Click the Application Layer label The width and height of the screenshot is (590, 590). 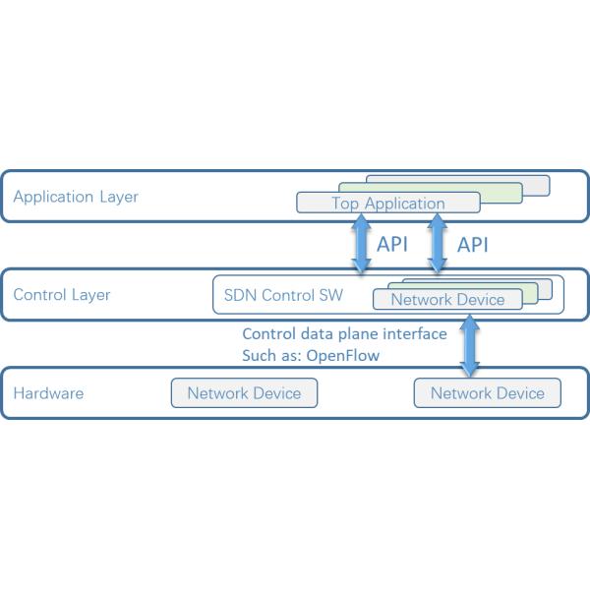(x=76, y=197)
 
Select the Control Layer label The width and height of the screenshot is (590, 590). (x=62, y=295)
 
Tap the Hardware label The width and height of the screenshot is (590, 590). (x=48, y=393)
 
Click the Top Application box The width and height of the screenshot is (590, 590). (x=387, y=204)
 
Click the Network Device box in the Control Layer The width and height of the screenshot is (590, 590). (x=447, y=300)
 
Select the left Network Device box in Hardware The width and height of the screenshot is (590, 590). (x=244, y=393)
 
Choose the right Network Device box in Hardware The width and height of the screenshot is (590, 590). (x=488, y=393)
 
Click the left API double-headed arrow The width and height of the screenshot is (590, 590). (x=362, y=245)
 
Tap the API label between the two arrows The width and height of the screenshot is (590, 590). (x=392, y=244)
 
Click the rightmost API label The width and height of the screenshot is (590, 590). (x=473, y=244)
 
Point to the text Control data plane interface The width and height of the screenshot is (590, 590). (x=344, y=334)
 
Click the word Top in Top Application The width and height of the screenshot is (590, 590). (x=345, y=204)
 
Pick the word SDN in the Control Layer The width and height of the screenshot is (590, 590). (x=238, y=295)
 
